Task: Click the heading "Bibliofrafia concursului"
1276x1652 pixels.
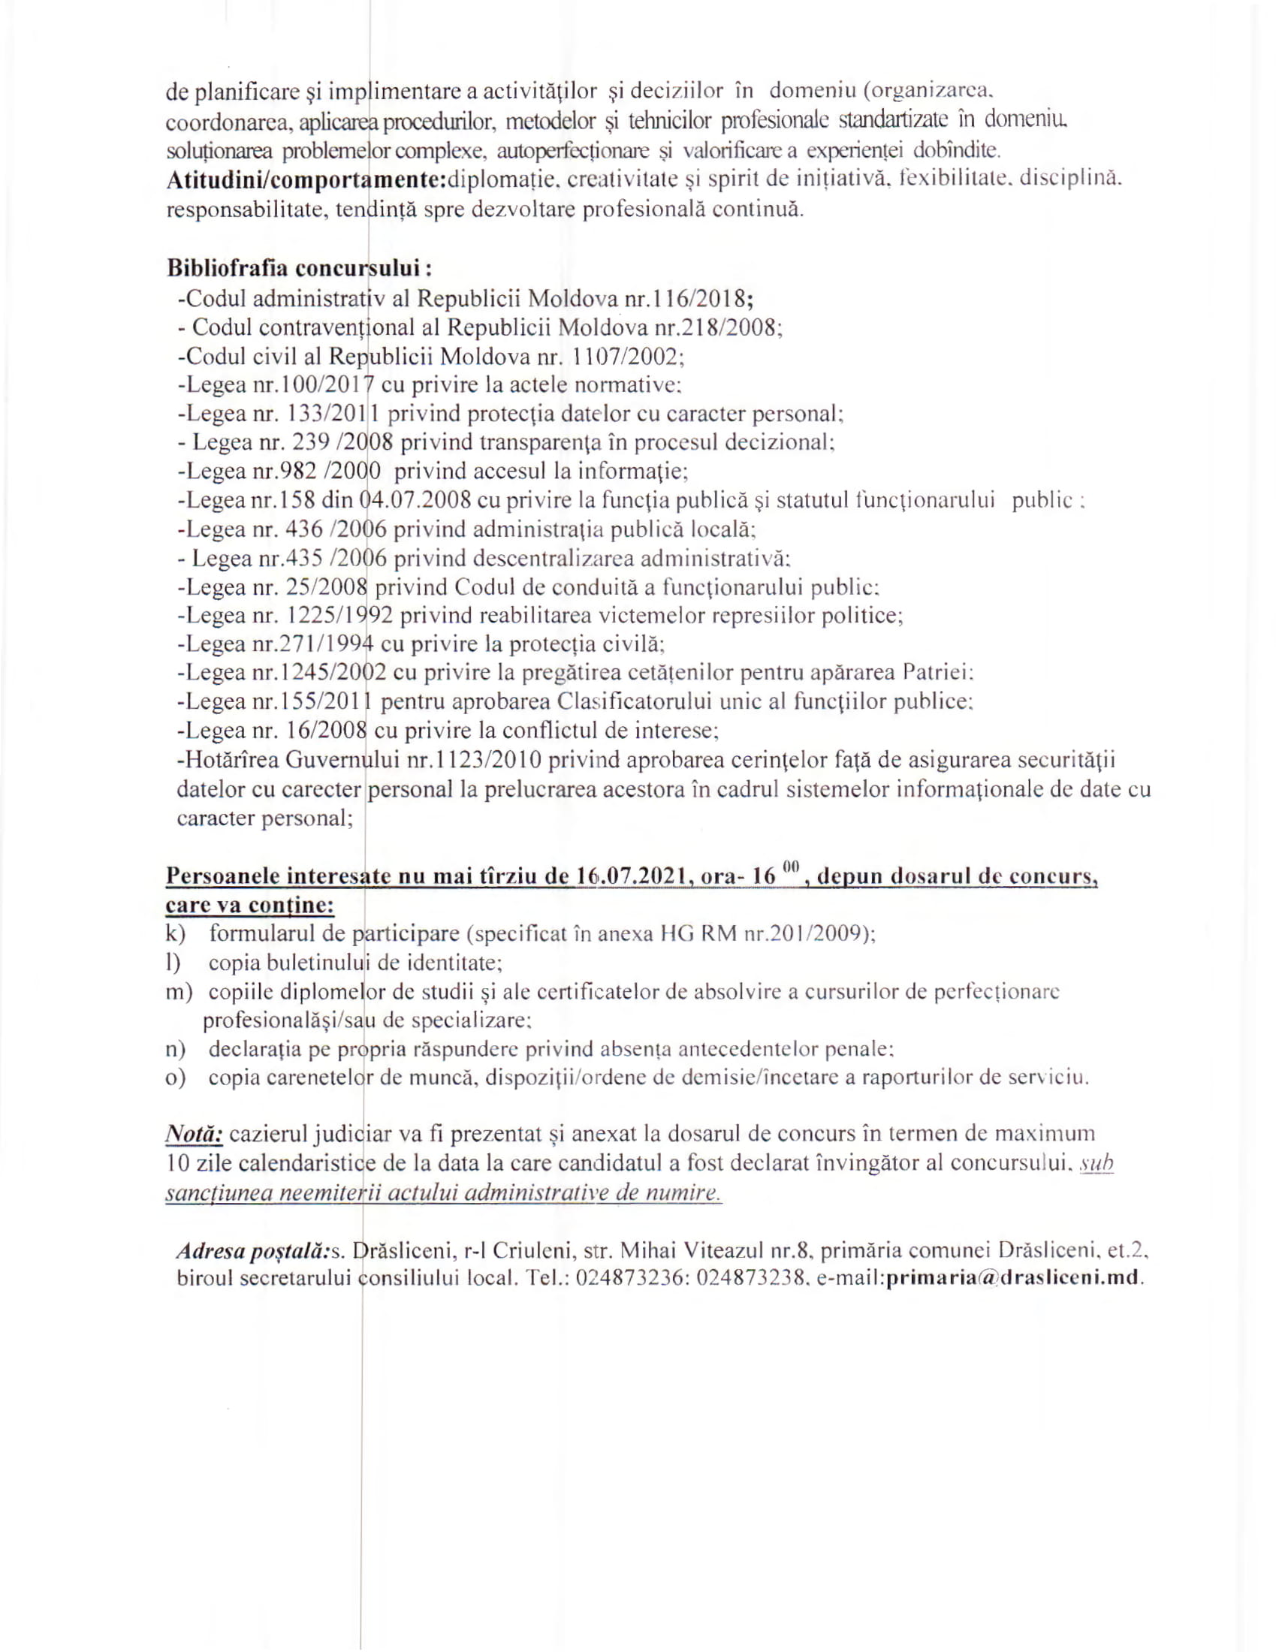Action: pos(300,269)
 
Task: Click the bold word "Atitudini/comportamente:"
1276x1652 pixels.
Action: pos(306,181)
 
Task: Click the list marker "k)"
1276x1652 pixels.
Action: pos(176,933)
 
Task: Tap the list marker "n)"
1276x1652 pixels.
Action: pos(176,1049)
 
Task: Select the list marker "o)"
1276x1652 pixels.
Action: pos(176,1078)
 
